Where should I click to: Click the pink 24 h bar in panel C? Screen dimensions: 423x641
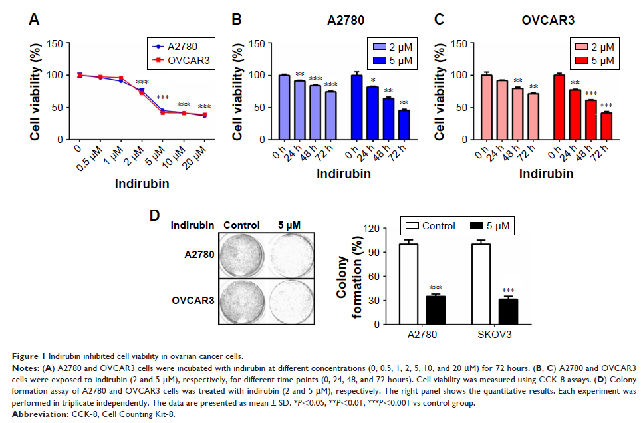(501, 110)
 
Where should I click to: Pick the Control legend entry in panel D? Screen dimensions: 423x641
(431, 226)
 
